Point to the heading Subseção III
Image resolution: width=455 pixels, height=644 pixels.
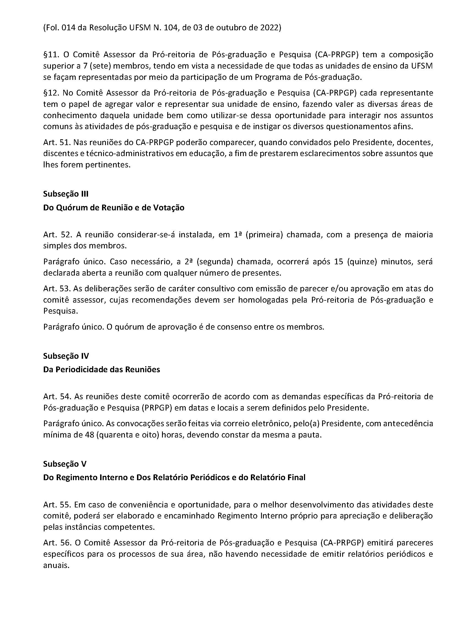66,194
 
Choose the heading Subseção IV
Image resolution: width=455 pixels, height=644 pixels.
66,356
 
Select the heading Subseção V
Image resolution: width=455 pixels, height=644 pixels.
65,464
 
